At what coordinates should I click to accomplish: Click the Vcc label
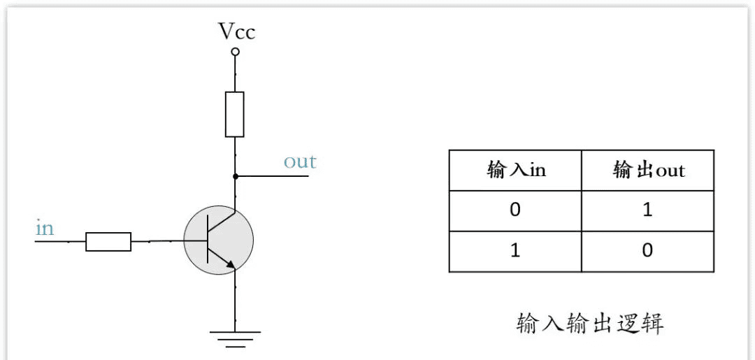click(x=236, y=31)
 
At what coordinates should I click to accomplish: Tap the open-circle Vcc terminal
click(x=236, y=52)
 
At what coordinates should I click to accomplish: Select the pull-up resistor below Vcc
click(x=235, y=114)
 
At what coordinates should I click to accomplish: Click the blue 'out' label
click(x=300, y=161)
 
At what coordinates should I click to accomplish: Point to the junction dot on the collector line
click(x=236, y=175)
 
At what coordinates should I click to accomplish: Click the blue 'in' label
click(x=44, y=228)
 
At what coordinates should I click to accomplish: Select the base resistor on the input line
click(x=108, y=242)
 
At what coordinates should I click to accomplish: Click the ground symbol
click(x=236, y=338)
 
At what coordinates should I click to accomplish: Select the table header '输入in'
click(x=515, y=171)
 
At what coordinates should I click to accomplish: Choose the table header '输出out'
click(x=648, y=171)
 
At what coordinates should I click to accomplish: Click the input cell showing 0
click(x=515, y=210)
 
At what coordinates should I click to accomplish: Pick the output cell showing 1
click(x=647, y=210)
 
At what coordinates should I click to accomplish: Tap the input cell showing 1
click(x=515, y=250)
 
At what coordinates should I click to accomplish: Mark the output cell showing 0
click(x=647, y=250)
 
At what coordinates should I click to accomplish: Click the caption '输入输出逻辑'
click(x=589, y=324)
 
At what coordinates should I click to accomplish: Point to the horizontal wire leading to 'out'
click(x=273, y=175)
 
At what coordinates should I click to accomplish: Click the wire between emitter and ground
click(x=236, y=301)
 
